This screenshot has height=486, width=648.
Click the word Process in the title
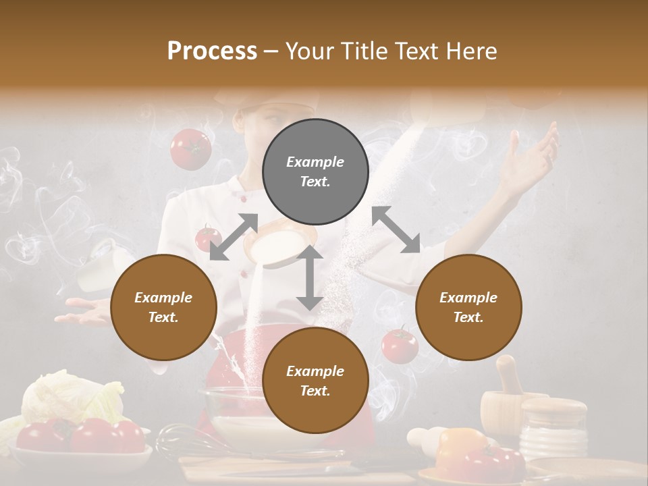pyautogui.click(x=212, y=51)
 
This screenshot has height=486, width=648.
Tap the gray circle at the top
pyautogui.click(x=315, y=171)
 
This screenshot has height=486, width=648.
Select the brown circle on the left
pyautogui.click(x=163, y=307)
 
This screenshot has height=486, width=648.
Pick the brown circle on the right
pyautogui.click(x=468, y=307)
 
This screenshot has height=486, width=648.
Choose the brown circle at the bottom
pyautogui.click(x=315, y=381)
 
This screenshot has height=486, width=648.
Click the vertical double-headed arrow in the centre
pyautogui.click(x=309, y=277)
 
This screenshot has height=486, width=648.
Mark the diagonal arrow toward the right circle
pyautogui.click(x=396, y=230)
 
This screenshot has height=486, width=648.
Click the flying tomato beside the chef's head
pyautogui.click(x=190, y=148)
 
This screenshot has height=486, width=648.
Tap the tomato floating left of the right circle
pyautogui.click(x=400, y=345)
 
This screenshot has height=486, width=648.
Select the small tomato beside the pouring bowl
pyautogui.click(x=207, y=238)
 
